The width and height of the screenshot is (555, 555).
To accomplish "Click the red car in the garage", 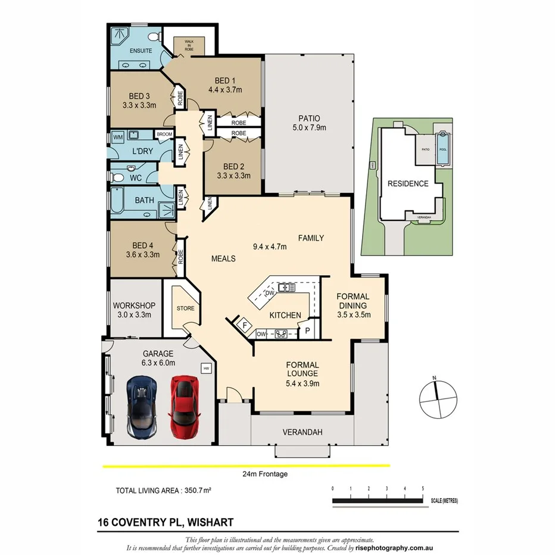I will pyautogui.click(x=183, y=407).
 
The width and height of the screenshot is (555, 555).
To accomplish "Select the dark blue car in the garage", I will pyautogui.click(x=141, y=407).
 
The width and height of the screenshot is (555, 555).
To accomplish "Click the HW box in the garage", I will pyautogui.click(x=207, y=368).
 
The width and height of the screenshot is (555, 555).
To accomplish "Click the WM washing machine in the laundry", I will pyautogui.click(x=118, y=138).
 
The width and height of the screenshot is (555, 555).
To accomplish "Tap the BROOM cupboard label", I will pyautogui.click(x=164, y=135).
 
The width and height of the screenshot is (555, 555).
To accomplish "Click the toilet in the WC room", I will pyautogui.click(x=117, y=177).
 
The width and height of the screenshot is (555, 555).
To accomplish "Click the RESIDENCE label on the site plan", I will pyautogui.click(x=408, y=183).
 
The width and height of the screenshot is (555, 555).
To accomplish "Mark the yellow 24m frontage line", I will pyautogui.click(x=246, y=466).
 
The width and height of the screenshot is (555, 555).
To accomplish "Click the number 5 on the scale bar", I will pyautogui.click(x=422, y=488).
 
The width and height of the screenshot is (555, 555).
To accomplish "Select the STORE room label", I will pyautogui.click(x=185, y=308).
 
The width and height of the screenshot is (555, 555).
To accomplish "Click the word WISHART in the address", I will pyautogui.click(x=210, y=522).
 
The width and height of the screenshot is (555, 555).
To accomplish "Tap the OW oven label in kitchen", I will pyautogui.click(x=261, y=334).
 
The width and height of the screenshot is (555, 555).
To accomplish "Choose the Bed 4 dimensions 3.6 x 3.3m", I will pyautogui.click(x=142, y=254).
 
